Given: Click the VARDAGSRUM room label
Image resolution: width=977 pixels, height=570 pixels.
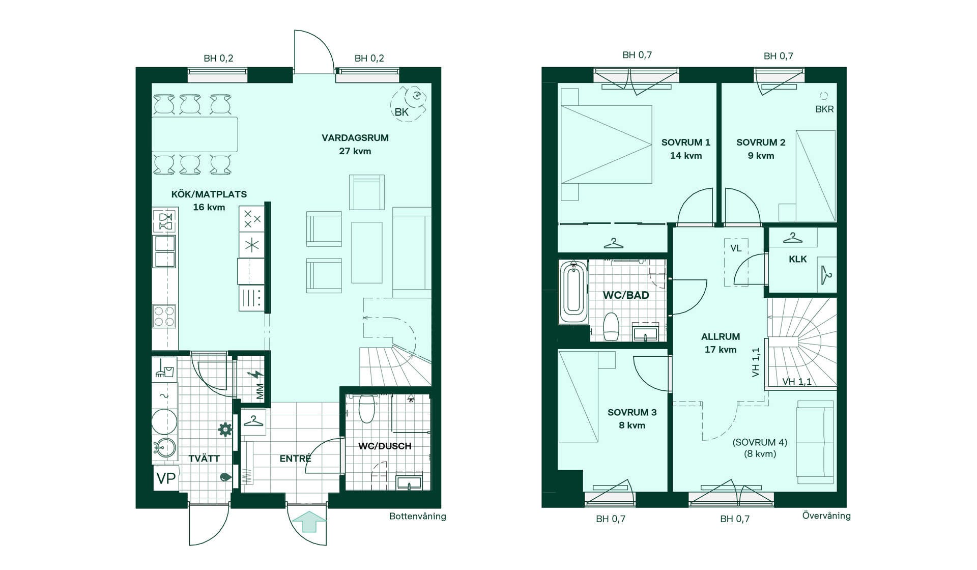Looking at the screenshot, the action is [x=355, y=138].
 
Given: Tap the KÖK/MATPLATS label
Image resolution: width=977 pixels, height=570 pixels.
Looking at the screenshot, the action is [x=209, y=194].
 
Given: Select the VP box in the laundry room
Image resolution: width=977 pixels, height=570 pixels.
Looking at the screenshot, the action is [x=166, y=478].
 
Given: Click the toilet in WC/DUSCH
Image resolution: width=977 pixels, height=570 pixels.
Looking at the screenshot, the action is [x=366, y=409].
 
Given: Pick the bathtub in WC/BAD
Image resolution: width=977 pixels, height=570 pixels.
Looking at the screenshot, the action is [x=573, y=292].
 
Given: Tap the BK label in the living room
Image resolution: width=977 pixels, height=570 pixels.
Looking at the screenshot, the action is [x=401, y=112].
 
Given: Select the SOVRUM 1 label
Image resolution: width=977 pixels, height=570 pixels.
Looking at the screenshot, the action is [x=685, y=142].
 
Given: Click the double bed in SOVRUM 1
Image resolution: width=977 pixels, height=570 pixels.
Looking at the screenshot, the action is [x=606, y=144].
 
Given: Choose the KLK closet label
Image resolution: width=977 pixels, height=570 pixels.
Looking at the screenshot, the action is [x=797, y=259].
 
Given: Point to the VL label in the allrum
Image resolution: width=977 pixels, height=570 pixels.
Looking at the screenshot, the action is [x=736, y=248].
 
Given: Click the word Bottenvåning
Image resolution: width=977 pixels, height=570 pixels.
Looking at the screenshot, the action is [x=417, y=516].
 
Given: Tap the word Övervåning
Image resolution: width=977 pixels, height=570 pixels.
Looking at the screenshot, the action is [x=826, y=516].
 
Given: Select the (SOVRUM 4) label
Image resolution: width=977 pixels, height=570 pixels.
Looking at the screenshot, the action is [x=760, y=442].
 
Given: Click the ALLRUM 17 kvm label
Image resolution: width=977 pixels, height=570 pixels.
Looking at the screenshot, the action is [x=721, y=343].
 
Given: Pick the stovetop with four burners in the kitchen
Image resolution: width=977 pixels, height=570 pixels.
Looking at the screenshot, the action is [x=164, y=316].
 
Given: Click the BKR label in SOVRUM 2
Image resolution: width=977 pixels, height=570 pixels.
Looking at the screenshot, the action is [x=824, y=109].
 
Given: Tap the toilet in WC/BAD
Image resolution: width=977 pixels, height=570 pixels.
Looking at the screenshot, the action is [x=611, y=326].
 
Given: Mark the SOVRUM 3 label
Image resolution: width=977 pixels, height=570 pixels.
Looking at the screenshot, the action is [x=632, y=412].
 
